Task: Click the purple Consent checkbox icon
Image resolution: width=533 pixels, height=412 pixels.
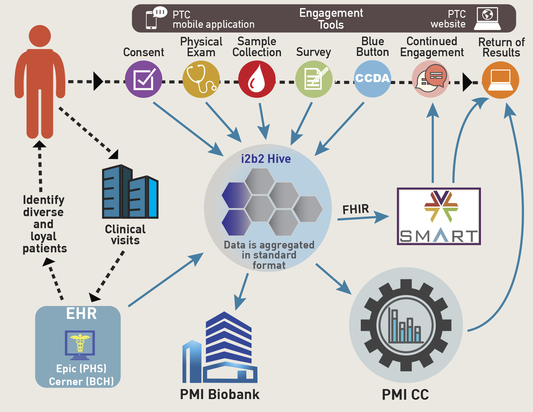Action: tap(143, 79)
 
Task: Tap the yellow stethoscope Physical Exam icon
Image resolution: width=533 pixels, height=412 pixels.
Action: tap(201, 79)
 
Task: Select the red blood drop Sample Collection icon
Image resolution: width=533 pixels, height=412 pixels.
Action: tap(257, 79)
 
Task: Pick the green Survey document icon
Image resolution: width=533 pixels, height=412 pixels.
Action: tap(314, 79)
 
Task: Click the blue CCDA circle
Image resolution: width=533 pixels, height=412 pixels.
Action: tap(372, 79)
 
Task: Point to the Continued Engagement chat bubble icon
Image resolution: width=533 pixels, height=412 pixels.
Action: tap(431, 79)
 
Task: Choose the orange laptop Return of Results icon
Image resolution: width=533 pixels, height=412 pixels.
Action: tap(500, 80)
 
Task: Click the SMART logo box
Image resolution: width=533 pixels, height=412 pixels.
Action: tap(439, 216)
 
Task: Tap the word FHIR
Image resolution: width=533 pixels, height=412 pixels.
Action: tap(356, 209)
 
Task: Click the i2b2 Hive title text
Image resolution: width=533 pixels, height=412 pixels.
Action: tap(266, 159)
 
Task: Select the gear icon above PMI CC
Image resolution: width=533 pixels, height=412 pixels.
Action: tap(406, 325)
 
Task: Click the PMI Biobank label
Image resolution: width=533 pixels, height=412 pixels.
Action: tap(220, 395)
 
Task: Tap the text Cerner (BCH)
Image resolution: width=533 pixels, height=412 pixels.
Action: tap(81, 382)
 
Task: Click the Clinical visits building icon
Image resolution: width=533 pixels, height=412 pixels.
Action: tap(130, 192)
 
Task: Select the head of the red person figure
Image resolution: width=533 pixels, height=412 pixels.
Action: tap(40, 36)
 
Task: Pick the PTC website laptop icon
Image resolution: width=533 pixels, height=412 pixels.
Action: tap(487, 18)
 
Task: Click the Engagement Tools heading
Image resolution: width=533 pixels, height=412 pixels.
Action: tap(331, 19)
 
